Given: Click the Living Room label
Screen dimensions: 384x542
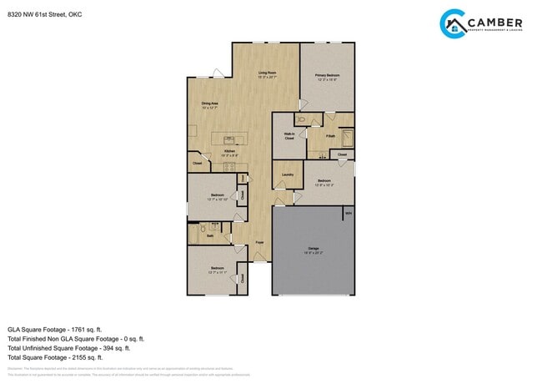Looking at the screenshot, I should (x=267, y=75).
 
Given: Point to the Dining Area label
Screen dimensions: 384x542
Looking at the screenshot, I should (x=209, y=105).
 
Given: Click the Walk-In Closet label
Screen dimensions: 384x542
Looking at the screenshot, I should (x=289, y=137).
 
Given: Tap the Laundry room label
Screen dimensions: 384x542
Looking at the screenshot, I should (x=288, y=174).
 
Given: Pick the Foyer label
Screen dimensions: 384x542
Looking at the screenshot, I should (x=260, y=243).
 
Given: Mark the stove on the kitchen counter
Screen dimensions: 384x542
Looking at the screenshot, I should (x=228, y=166).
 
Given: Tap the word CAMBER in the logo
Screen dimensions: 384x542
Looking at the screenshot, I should (x=495, y=23).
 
